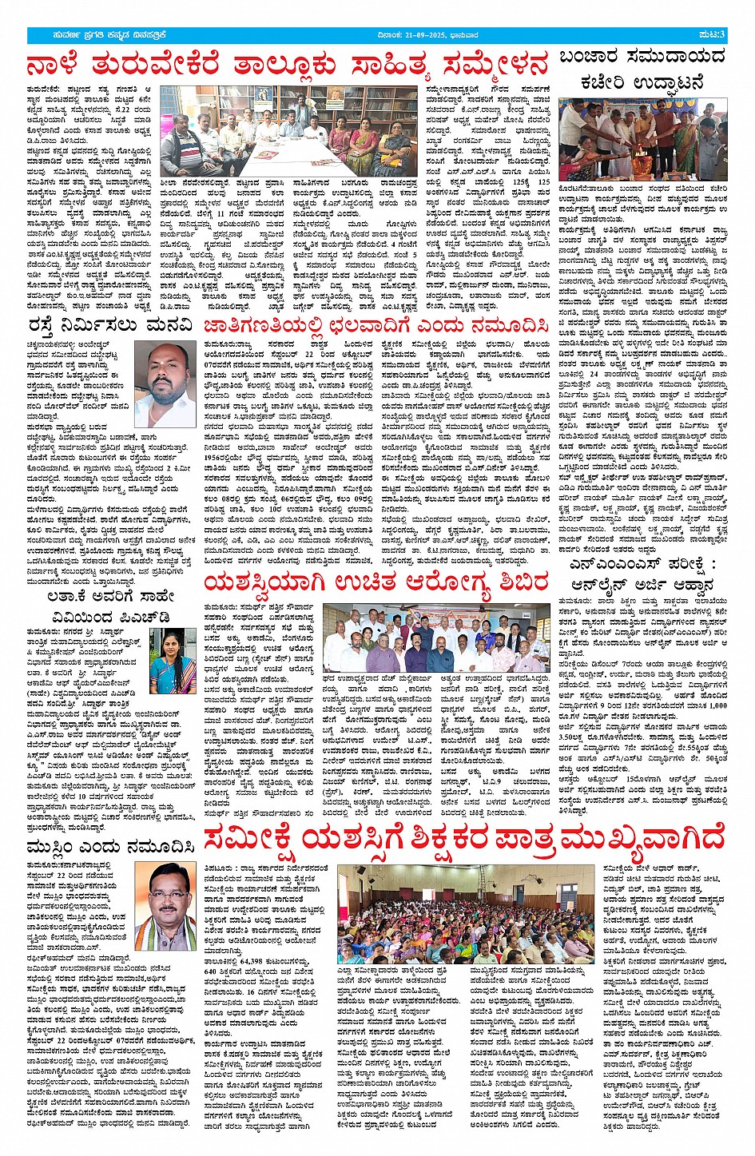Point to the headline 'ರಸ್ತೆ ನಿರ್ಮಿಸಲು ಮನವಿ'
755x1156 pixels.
coord(110,325)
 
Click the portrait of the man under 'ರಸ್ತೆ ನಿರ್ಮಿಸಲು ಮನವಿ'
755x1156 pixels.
coord(165,383)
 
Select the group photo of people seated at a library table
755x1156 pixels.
coord(300,133)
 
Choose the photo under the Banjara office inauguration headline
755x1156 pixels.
coord(642,139)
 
